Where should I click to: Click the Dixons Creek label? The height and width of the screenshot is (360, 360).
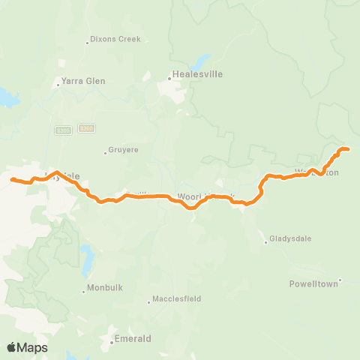[x=115, y=39]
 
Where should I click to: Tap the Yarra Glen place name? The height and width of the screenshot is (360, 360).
[x=84, y=81]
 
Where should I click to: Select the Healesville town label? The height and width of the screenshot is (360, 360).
[x=197, y=74]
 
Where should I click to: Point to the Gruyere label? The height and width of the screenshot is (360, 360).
[x=123, y=150]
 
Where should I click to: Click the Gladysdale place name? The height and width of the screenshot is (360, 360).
[x=292, y=238]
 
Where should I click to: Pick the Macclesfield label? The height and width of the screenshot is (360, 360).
[x=176, y=298]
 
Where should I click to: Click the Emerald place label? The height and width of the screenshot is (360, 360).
[x=132, y=339]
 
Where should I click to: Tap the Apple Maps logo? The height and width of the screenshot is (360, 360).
[x=27, y=347]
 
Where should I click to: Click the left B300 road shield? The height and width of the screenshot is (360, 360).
[x=63, y=130]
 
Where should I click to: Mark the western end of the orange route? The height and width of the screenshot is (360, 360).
[x=12, y=178]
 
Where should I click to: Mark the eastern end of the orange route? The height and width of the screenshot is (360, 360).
[x=349, y=150]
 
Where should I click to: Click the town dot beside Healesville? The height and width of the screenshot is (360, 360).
[x=169, y=75]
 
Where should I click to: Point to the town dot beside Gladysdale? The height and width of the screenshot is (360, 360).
[x=266, y=241]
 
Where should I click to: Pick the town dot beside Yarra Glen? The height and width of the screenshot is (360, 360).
[x=58, y=82]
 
